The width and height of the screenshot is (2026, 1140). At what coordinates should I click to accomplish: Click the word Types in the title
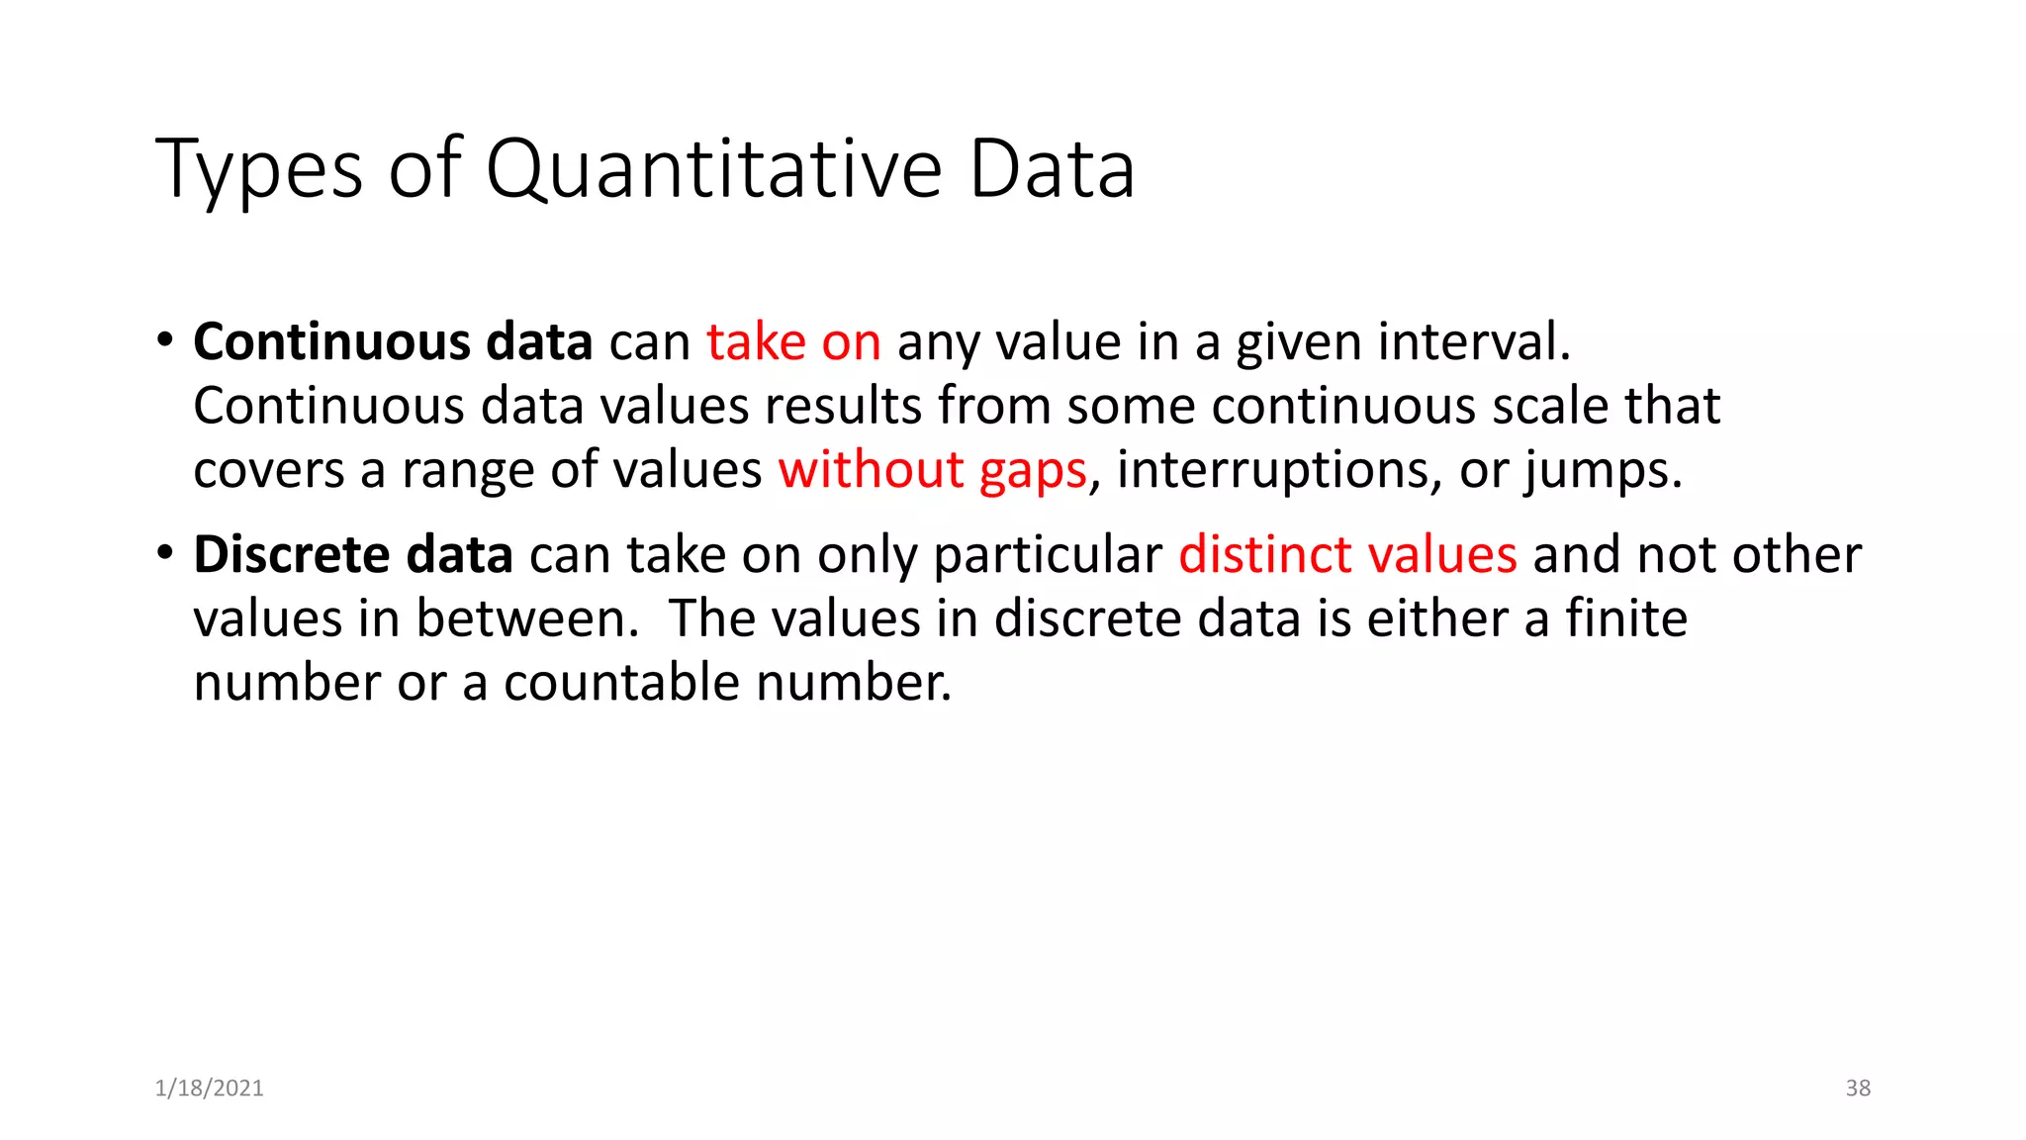click(x=259, y=170)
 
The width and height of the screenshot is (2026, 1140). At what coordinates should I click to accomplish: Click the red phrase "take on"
click(x=793, y=342)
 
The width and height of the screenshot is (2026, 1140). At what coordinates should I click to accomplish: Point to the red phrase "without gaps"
click(x=932, y=470)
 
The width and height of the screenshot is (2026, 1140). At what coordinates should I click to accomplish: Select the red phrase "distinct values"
click(x=1347, y=554)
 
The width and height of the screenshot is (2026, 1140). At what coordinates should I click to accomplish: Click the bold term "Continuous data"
click(x=393, y=342)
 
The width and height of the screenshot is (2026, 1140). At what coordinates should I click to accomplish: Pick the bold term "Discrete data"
click(x=353, y=554)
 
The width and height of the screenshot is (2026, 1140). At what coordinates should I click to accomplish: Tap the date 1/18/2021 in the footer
click(x=210, y=1089)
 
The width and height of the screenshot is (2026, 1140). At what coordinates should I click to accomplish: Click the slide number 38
click(x=1858, y=1089)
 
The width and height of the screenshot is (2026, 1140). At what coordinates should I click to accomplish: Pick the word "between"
click(x=521, y=618)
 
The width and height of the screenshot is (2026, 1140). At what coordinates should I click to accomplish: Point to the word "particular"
click(x=1048, y=554)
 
